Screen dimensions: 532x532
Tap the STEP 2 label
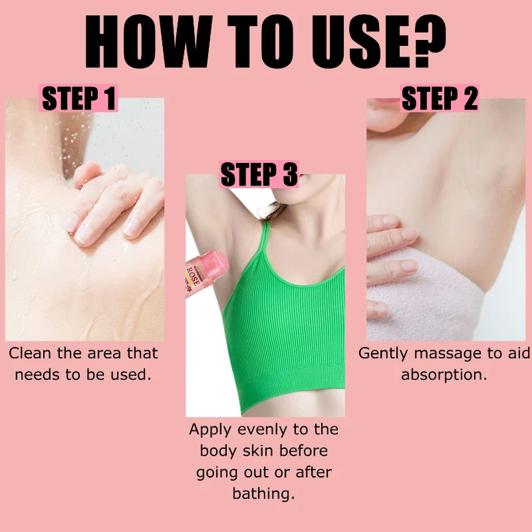click(440, 98)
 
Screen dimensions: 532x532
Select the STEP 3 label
click(259, 175)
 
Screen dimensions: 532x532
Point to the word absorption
click(444, 374)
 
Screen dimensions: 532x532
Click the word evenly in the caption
click(253, 430)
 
